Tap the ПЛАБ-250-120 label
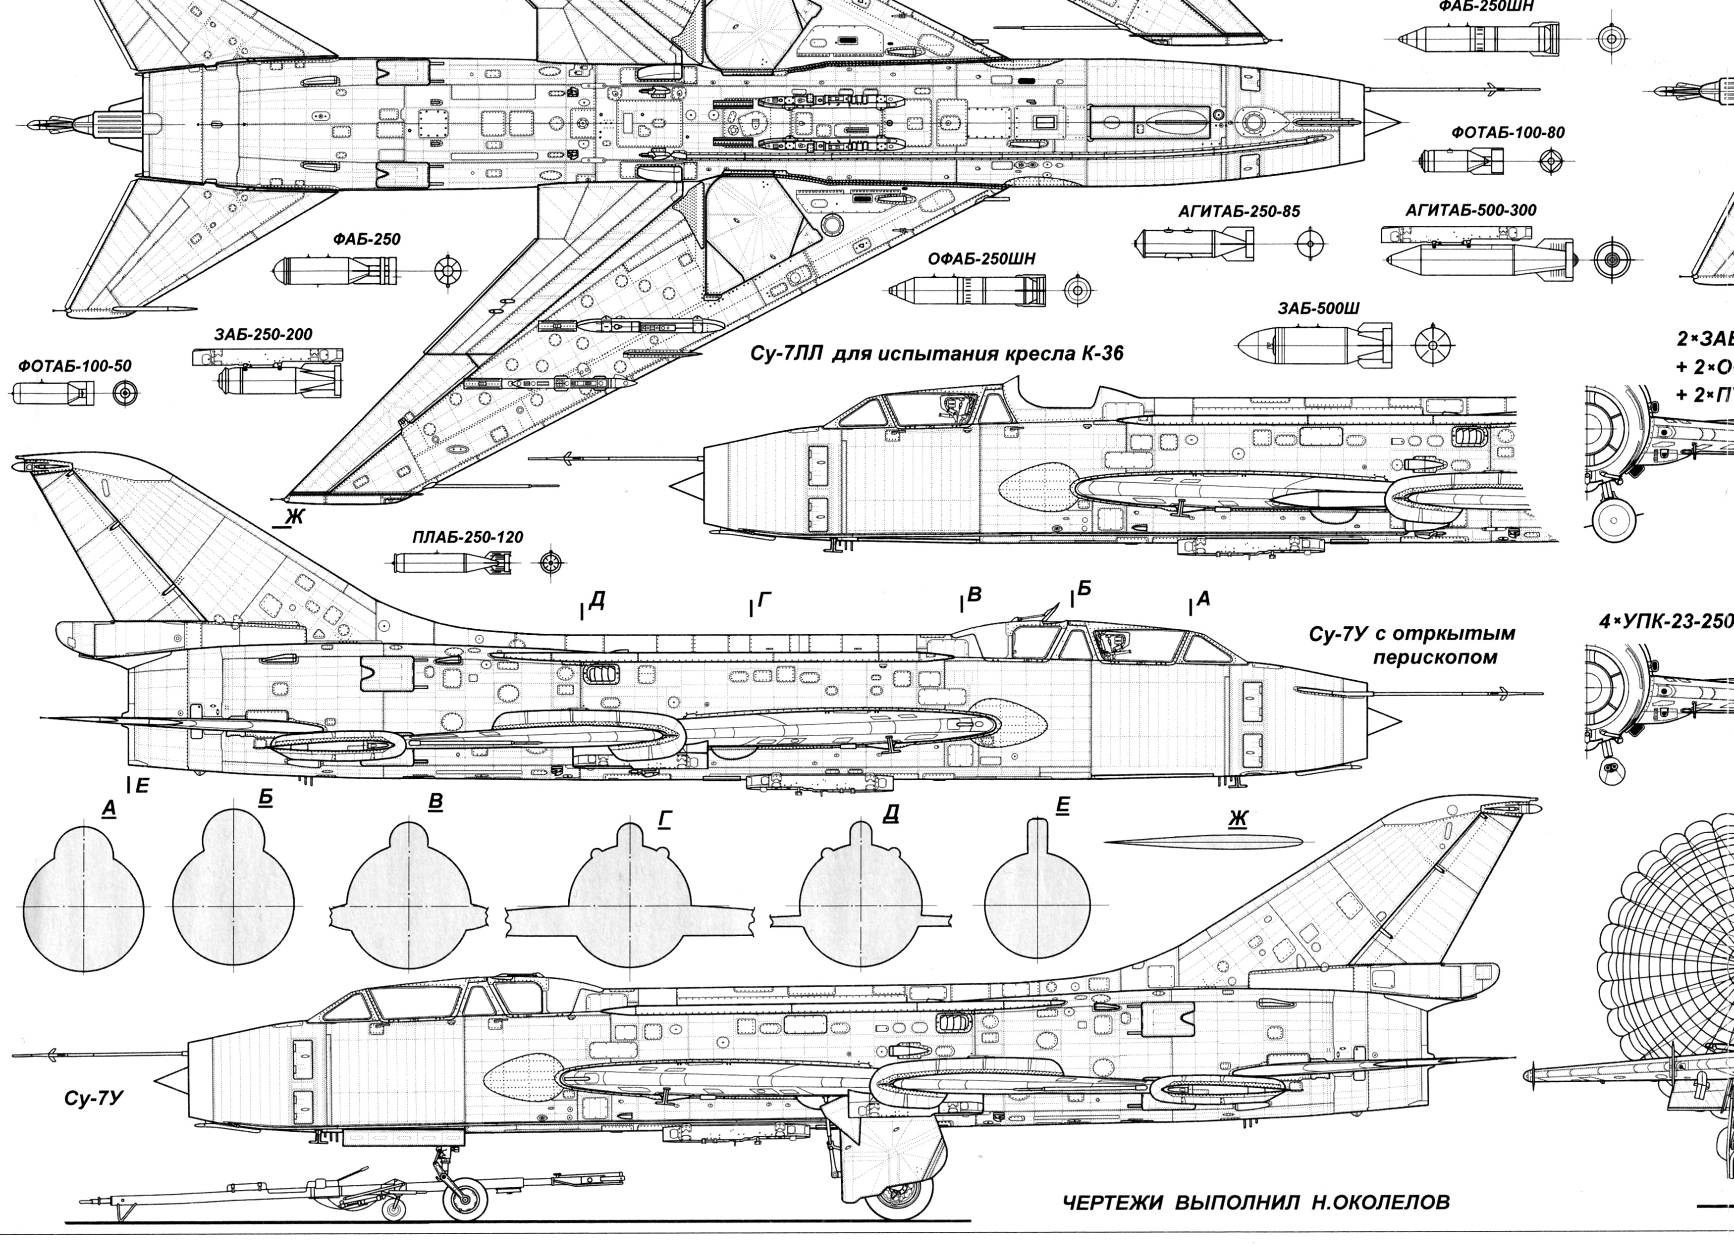[x=468, y=537]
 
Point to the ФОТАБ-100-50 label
[x=75, y=366]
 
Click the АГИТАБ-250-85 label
[x=1239, y=212]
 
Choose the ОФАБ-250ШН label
[x=981, y=259]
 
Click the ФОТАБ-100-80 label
[x=1508, y=132]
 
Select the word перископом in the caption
[x=1435, y=658]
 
